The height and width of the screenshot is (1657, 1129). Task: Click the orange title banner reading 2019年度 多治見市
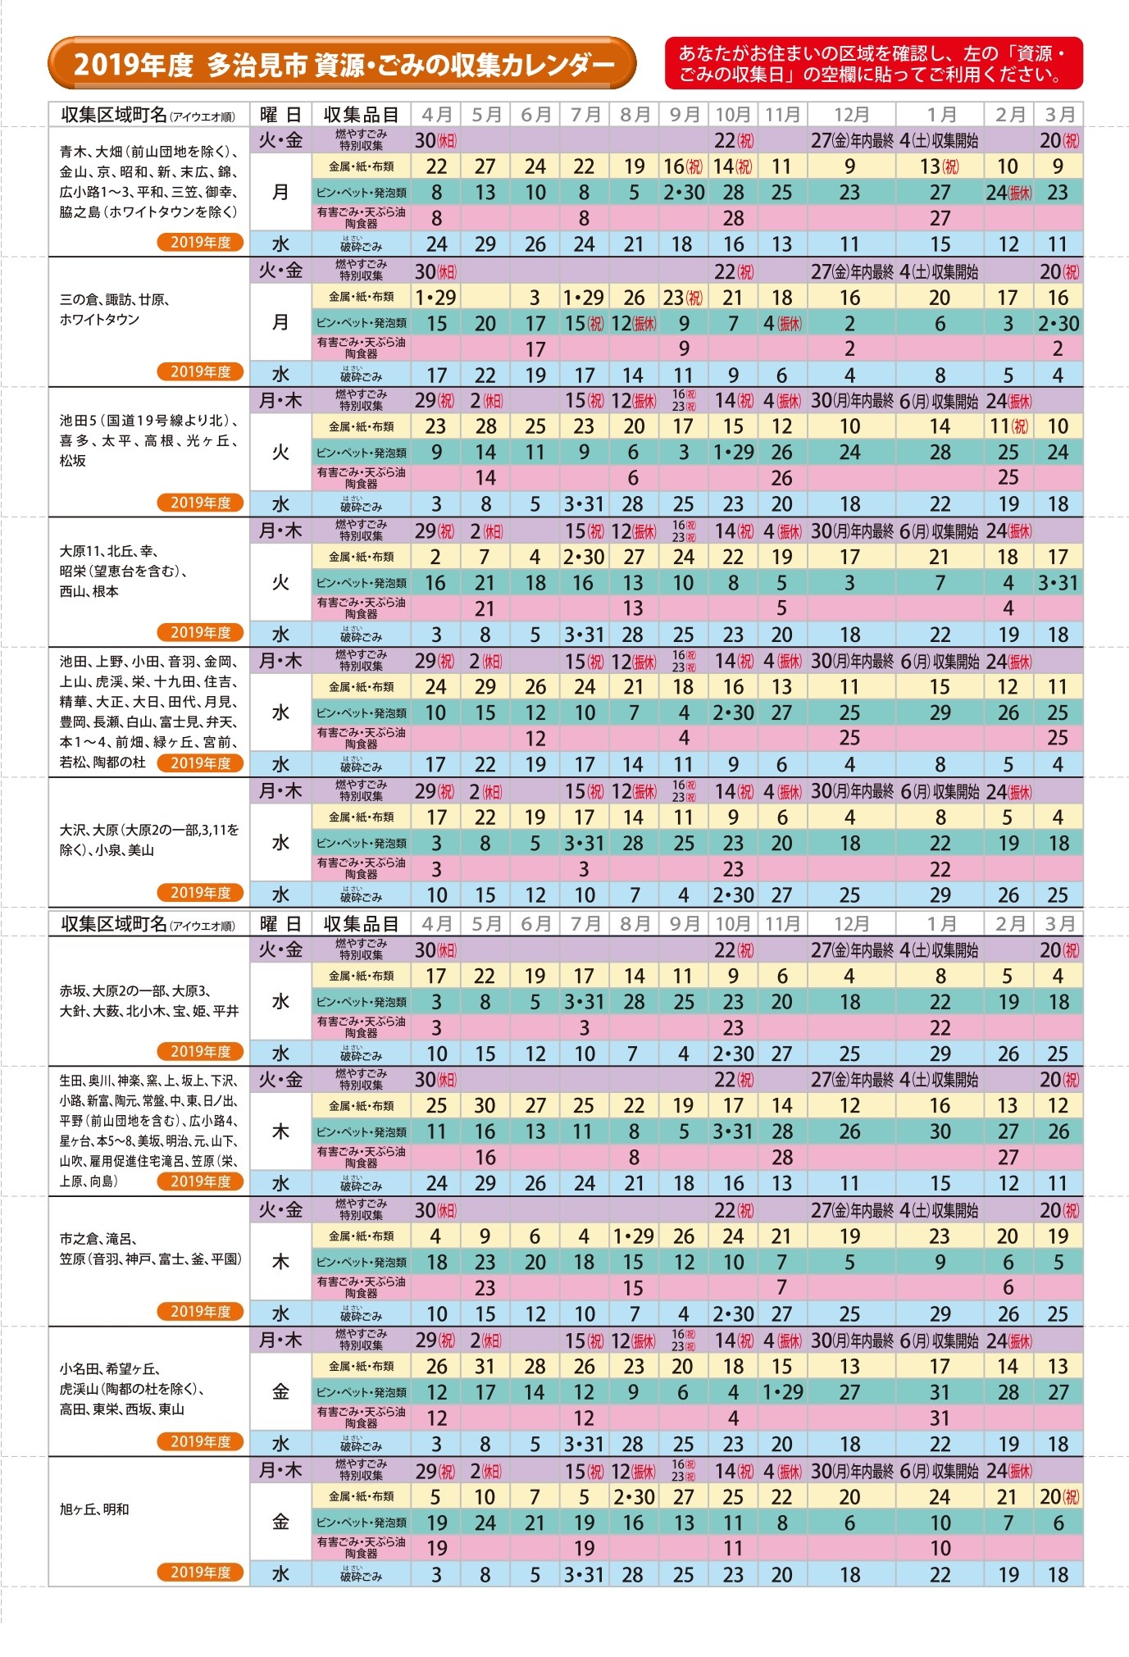click(342, 64)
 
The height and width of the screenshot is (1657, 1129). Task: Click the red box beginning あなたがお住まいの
click(873, 64)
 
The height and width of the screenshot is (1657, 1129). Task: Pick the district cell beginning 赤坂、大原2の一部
click(148, 1001)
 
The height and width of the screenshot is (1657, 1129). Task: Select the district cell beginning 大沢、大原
click(148, 840)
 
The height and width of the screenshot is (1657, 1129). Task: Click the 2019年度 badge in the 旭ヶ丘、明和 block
click(201, 1572)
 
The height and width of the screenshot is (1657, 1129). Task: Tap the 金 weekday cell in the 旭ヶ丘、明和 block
click(280, 1522)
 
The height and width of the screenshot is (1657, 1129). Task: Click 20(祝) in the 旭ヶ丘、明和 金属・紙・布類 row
click(1058, 1496)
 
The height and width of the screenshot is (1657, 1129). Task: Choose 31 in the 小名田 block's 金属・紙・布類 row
click(485, 1367)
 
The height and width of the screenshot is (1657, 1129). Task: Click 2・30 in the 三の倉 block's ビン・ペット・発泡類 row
click(1058, 323)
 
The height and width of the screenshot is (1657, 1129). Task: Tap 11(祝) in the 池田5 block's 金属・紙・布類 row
click(1008, 426)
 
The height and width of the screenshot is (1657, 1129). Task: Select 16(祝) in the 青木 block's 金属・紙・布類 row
click(683, 166)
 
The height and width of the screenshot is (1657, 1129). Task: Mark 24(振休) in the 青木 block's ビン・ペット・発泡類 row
click(1008, 193)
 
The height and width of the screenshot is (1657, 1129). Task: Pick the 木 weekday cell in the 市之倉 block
click(280, 1262)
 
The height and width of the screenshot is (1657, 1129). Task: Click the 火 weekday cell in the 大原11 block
click(280, 582)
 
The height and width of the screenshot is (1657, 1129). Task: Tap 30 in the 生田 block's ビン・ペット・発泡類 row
click(940, 1131)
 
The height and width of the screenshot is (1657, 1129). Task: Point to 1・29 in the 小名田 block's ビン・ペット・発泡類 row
click(781, 1392)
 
